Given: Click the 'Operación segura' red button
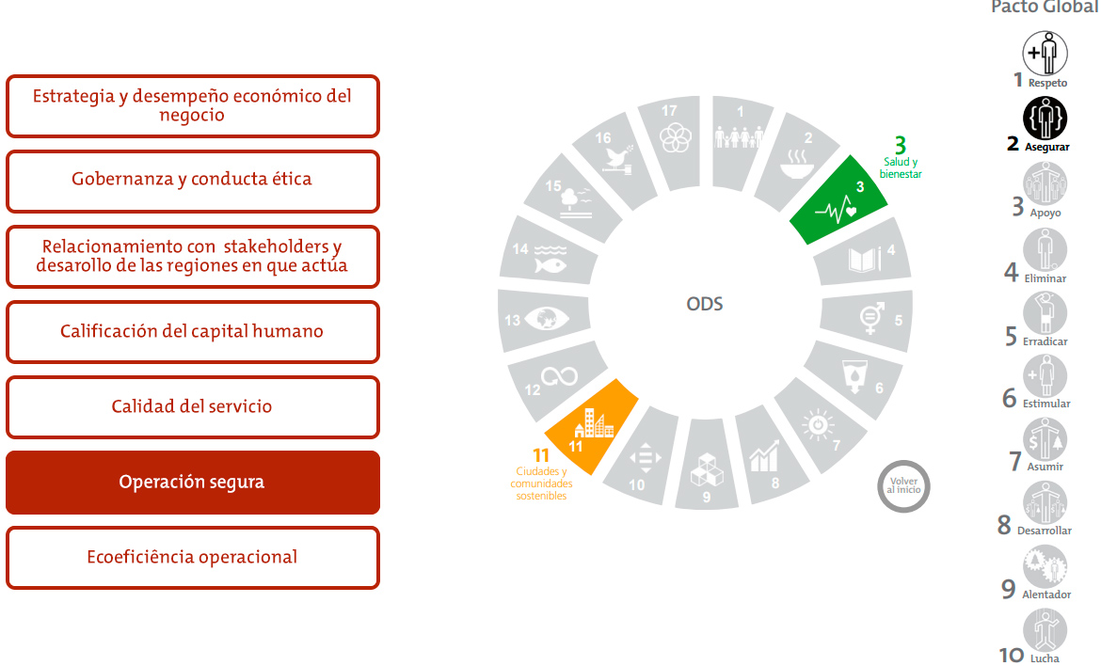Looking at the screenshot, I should pos(192,483).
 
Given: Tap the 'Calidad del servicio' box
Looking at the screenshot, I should pos(192,407).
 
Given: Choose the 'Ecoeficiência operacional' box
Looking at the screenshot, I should pos(192,558).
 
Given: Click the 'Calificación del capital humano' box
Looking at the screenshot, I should pos(192,332).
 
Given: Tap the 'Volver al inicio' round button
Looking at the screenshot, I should pos(903,486).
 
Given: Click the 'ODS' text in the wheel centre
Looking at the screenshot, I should pos(705,305).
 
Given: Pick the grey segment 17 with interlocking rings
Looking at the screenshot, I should pos(671,135).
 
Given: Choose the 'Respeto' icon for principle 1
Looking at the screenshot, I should pos(1045,53).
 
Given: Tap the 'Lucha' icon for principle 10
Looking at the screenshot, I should pos(1045,630).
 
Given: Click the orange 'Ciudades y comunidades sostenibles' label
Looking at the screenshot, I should pos(541,482).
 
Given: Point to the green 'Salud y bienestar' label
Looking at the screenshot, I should pos(901,167).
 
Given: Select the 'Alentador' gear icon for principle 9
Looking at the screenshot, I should pos(1045,566).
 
